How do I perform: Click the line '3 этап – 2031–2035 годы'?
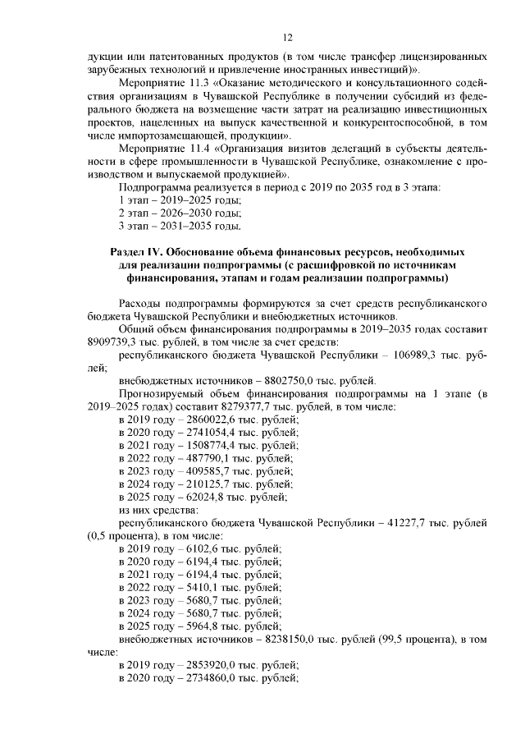pos(179,226)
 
